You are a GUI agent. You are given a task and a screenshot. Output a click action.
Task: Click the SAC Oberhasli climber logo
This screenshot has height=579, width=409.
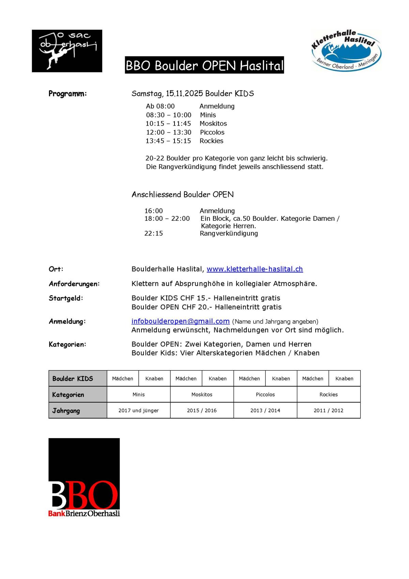[67, 51]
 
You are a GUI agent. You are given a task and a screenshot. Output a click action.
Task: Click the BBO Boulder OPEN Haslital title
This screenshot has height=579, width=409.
[204, 65]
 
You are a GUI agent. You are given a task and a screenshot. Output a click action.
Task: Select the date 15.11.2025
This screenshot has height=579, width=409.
[184, 93]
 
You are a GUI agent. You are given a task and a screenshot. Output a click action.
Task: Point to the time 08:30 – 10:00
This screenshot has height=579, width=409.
[169, 115]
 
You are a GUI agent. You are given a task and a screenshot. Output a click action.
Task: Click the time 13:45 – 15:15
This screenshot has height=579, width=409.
[168, 141]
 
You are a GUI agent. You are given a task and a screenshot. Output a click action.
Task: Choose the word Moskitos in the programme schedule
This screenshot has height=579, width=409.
[213, 124]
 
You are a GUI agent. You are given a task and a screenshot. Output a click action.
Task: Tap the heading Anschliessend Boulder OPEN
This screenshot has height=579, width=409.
[183, 194]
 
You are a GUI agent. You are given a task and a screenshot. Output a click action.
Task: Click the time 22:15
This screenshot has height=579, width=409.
[154, 233]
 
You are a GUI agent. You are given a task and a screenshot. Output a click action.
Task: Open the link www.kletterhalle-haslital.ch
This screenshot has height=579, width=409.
[255, 269]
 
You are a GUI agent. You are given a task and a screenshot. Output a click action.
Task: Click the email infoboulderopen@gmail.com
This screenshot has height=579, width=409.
[180, 321]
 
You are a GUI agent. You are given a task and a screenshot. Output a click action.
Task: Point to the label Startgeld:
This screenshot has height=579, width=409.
[66, 298]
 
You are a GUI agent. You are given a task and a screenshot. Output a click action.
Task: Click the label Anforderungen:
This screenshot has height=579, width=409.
[74, 284]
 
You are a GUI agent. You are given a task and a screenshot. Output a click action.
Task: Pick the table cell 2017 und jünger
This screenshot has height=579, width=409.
[138, 410]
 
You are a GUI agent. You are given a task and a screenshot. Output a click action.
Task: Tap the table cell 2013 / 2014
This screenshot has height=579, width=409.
[265, 410]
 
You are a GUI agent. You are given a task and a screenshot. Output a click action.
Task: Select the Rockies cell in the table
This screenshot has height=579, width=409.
[329, 394]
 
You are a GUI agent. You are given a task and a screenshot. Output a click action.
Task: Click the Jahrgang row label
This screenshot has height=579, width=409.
[66, 410]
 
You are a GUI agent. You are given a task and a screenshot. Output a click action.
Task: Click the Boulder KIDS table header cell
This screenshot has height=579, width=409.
[73, 378]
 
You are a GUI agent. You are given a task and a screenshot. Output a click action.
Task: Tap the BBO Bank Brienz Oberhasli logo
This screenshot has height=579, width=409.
[84, 477]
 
